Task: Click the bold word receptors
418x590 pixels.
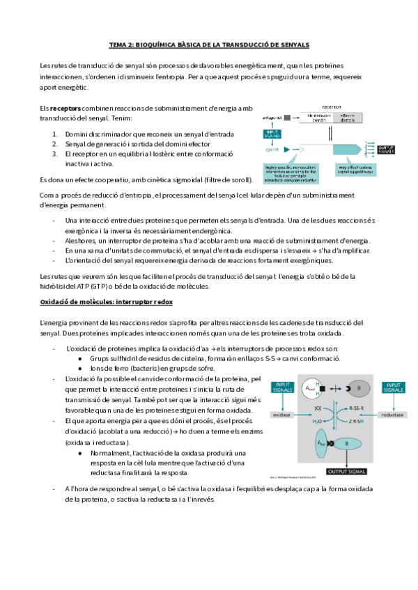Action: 65,109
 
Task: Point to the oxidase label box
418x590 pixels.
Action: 282,414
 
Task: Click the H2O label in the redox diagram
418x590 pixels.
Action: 318,421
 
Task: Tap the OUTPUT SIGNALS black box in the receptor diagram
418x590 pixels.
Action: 387,148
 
